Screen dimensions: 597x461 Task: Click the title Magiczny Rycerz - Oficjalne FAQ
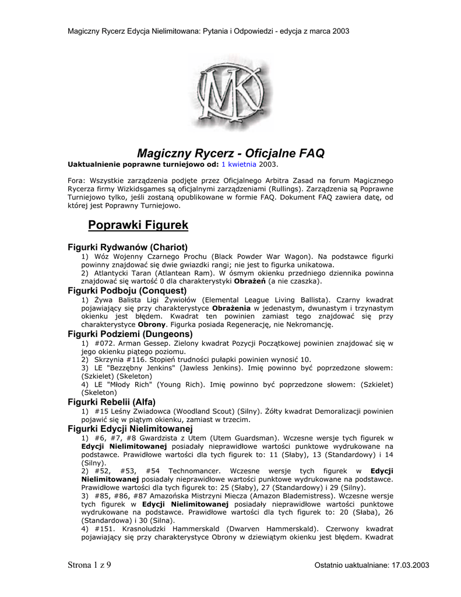tap(230, 154)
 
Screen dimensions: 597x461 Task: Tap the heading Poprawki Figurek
tap(138, 224)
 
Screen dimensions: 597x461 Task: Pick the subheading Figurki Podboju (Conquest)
tap(127, 290)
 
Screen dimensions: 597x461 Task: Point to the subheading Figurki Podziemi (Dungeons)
tap(130, 334)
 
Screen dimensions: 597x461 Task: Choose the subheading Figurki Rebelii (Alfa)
tap(112, 402)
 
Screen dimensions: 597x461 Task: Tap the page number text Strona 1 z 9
tap(90, 564)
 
